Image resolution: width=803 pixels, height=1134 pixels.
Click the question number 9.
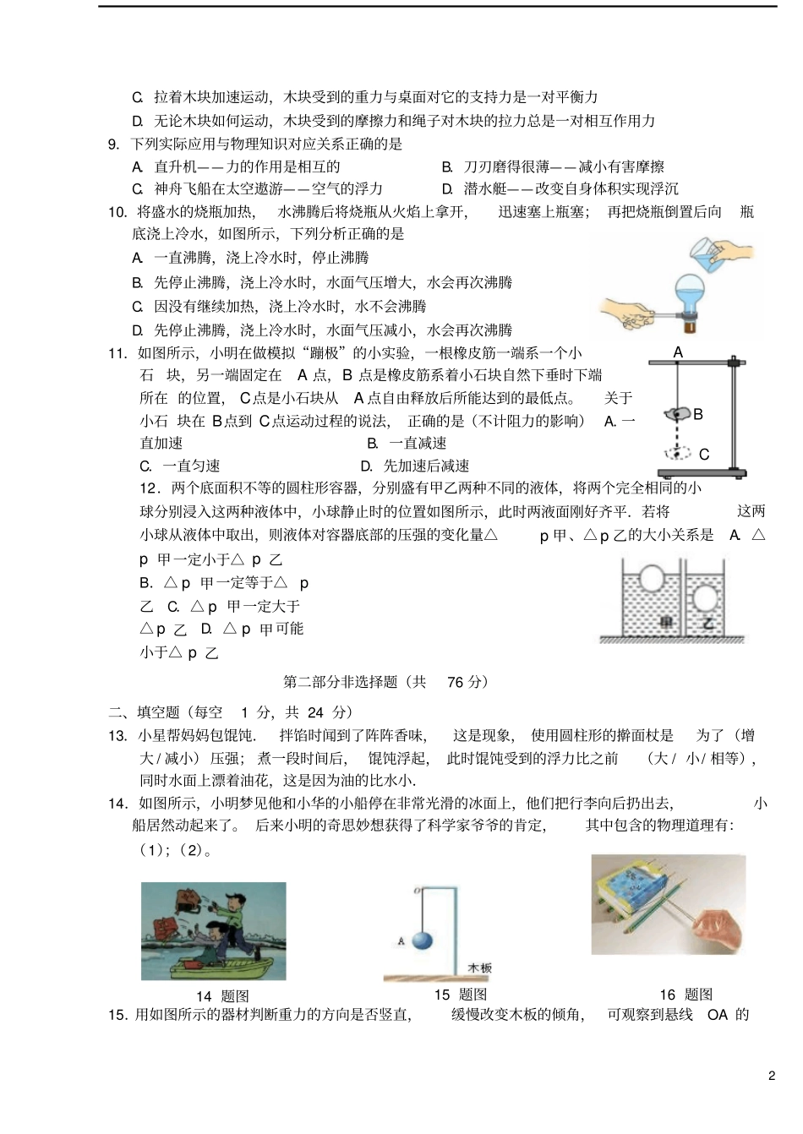point(114,144)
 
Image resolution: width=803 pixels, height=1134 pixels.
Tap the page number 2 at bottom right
point(771,1076)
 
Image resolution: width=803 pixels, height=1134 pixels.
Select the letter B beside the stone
point(698,414)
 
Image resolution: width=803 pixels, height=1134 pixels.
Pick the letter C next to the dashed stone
point(703,455)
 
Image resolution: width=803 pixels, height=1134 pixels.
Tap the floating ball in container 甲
point(651,579)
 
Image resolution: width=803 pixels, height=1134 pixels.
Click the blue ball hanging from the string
point(423,940)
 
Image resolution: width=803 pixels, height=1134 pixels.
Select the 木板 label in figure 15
point(479,968)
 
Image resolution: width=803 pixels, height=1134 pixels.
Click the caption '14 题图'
point(222,996)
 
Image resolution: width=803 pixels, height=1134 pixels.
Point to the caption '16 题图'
point(686,995)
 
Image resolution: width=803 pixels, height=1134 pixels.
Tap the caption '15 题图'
point(460,995)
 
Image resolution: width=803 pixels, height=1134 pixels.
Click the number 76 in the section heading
point(455,682)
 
